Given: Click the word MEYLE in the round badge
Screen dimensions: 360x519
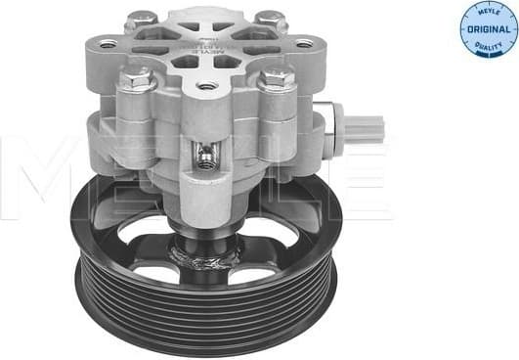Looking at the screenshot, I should (x=486, y=14).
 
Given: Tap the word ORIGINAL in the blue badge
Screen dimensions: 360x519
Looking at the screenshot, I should (x=486, y=30).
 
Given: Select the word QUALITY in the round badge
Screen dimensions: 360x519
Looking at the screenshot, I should (x=486, y=46).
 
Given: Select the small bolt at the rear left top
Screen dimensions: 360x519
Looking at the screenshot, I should (x=142, y=19).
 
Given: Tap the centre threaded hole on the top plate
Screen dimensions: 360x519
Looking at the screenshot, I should (x=204, y=86).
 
